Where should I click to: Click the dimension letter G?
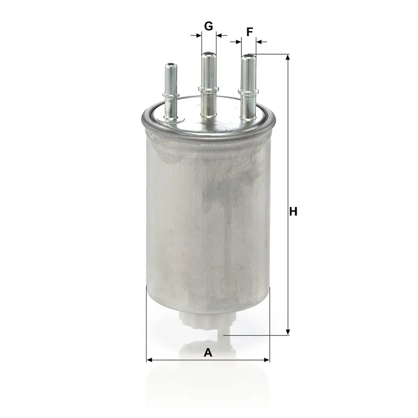coord(209,27)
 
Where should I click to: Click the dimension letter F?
coord(249,32)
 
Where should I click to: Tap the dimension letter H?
coord(293,211)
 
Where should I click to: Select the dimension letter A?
coord(208,353)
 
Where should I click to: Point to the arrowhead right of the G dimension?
coord(219,35)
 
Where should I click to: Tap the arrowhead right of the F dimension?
coord(259,42)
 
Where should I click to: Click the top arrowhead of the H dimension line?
coord(288,58)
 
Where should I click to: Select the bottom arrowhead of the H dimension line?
coord(288,332)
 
